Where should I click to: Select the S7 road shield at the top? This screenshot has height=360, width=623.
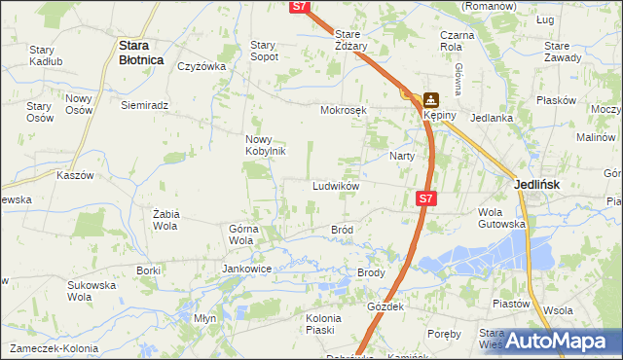(300, 7)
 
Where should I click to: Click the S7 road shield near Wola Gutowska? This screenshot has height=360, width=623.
(424, 198)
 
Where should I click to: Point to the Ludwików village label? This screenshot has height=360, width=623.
(337, 186)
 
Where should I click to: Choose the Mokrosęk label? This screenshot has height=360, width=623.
(343, 110)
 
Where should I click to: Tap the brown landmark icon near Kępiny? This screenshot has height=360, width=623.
(429, 98)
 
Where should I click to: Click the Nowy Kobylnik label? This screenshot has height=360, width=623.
(264, 145)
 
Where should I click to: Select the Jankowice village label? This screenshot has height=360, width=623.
(246, 269)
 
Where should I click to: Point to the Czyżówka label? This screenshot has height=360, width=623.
(202, 67)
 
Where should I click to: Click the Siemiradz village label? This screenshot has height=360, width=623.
(145, 105)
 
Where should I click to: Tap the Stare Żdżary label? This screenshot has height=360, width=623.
(351, 40)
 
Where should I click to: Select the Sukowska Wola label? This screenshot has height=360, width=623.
(92, 292)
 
